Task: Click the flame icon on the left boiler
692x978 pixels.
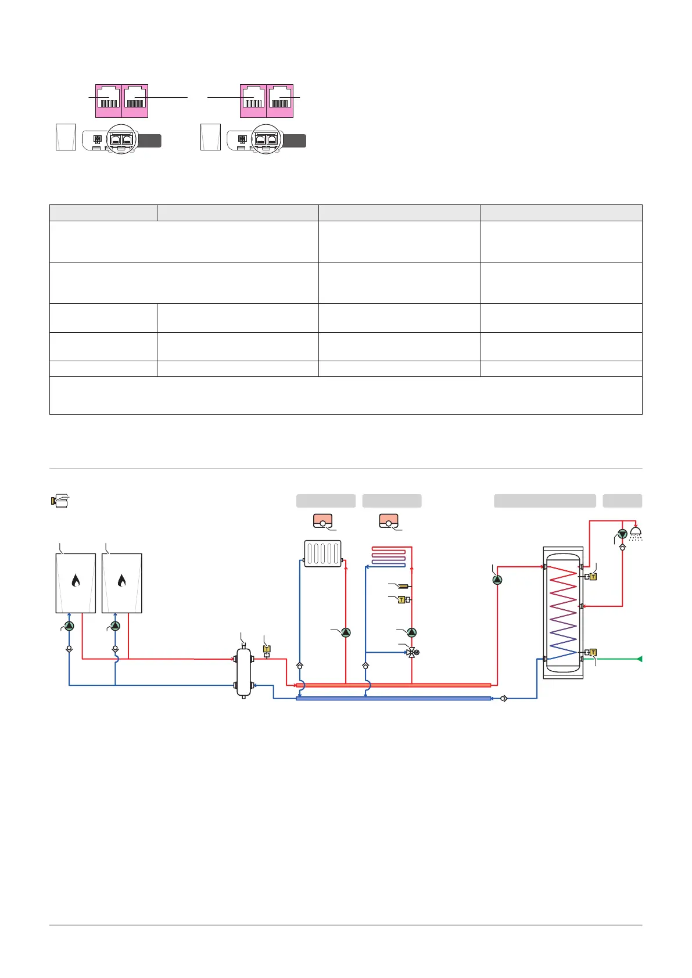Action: click(x=76, y=580)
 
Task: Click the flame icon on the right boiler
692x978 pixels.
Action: click(x=122, y=580)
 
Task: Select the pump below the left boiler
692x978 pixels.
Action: click(x=69, y=626)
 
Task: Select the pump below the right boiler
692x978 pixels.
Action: click(x=115, y=626)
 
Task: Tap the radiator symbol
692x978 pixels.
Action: click(x=323, y=553)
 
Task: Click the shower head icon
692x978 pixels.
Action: click(x=636, y=533)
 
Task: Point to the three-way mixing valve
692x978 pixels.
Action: click(x=411, y=652)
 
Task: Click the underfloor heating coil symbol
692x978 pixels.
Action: click(x=389, y=556)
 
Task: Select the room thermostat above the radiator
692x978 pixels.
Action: click(x=322, y=521)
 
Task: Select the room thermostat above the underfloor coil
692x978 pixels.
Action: click(x=388, y=521)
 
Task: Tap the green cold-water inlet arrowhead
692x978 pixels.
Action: click(x=639, y=659)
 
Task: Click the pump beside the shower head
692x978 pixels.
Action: click(x=622, y=534)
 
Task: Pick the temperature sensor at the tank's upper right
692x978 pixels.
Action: click(x=593, y=577)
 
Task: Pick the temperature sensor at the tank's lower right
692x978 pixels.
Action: click(x=593, y=652)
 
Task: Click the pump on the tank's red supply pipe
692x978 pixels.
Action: click(x=497, y=580)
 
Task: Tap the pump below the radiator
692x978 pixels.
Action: click(x=346, y=632)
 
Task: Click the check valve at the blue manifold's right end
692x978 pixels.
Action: click(x=503, y=698)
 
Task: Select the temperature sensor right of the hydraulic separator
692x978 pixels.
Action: click(x=267, y=649)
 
